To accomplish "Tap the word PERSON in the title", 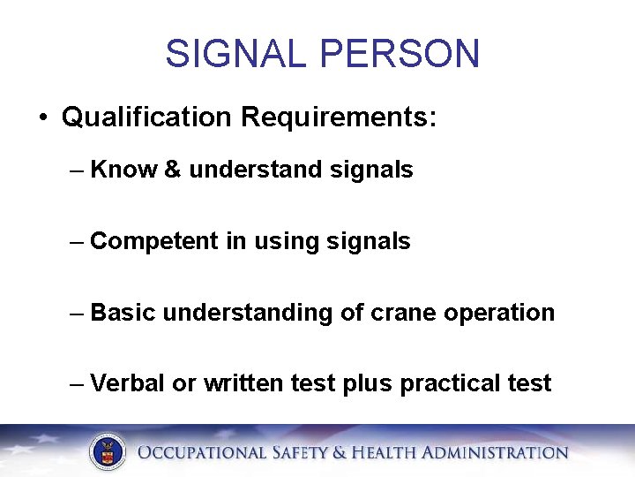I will tap(400, 54).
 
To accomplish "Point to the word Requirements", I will tap(340, 117).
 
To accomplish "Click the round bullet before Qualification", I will tap(42, 117).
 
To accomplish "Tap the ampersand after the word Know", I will tap(173, 170).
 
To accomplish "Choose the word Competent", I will tap(155, 241).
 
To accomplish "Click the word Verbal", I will tap(126, 383).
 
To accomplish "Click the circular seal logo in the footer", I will tap(108, 452).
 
